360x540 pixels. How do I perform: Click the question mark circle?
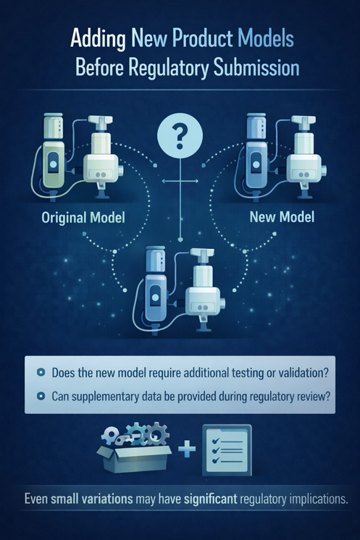click(180, 136)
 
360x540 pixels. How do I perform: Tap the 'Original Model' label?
click(83, 218)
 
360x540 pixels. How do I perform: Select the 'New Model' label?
click(282, 217)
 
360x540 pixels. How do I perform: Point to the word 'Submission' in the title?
click(256, 68)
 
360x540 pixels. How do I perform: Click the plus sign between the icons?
click(187, 449)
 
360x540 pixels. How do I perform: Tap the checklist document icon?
click(227, 450)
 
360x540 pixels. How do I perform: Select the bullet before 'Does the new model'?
click(40, 372)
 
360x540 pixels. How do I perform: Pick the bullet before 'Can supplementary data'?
click(40, 397)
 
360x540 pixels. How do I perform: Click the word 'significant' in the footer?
click(211, 499)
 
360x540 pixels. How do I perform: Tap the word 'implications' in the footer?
click(317, 499)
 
